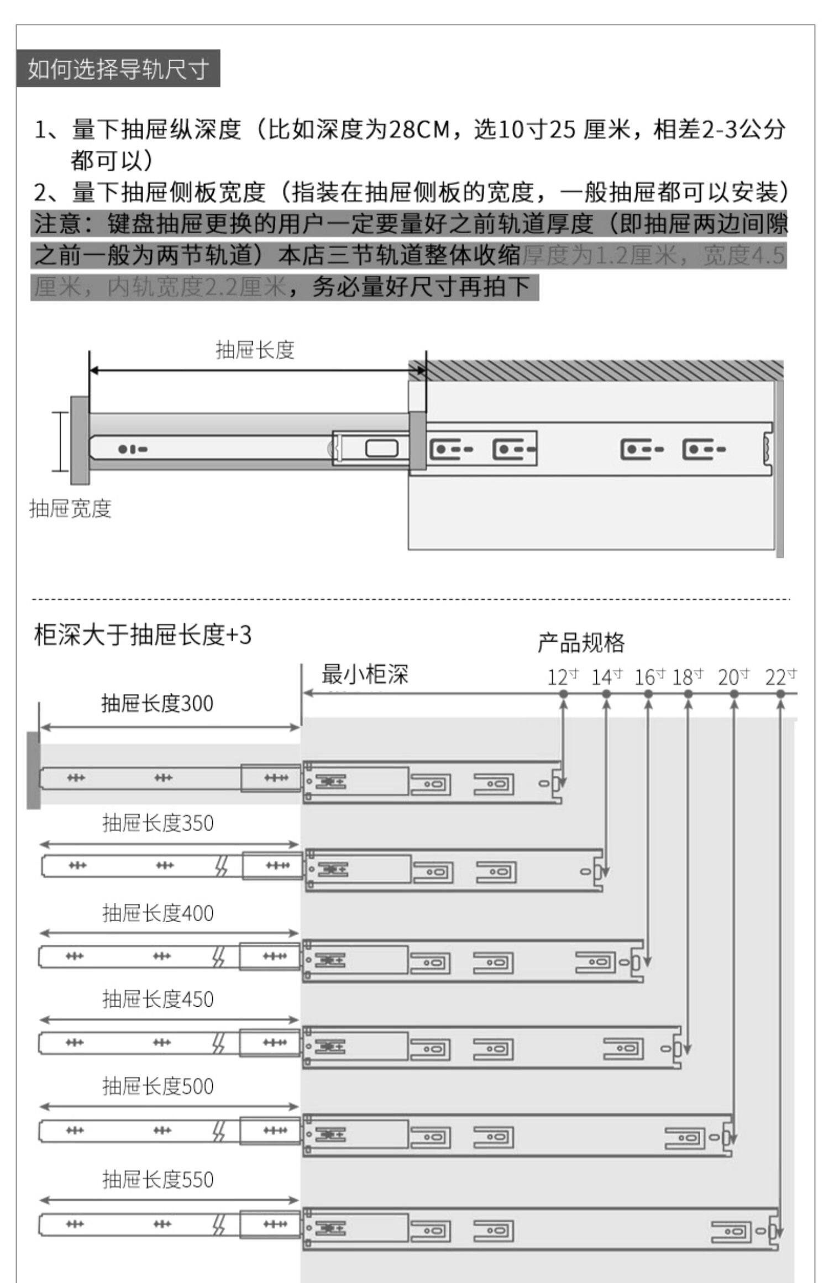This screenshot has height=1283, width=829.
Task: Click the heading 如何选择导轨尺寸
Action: click(118, 69)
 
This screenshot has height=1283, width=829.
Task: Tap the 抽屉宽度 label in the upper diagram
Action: click(70, 508)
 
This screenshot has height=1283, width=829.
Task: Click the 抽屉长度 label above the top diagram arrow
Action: click(255, 350)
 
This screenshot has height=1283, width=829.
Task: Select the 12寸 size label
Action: click(563, 677)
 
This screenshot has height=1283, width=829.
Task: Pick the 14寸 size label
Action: click(606, 677)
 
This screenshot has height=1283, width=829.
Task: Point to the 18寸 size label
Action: click(688, 677)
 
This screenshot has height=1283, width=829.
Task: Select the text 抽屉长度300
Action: click(157, 703)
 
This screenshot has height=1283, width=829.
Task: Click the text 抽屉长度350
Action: click(158, 823)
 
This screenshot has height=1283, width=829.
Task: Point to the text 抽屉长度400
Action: click(158, 913)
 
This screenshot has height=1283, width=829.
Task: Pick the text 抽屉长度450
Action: click(158, 999)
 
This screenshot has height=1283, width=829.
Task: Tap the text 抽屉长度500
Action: click(158, 1086)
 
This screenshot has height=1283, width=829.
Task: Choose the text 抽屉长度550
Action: click(158, 1180)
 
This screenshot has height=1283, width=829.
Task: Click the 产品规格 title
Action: click(581, 643)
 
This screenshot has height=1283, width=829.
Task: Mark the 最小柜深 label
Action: click(365, 675)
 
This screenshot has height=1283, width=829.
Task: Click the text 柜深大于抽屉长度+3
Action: click(143, 635)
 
